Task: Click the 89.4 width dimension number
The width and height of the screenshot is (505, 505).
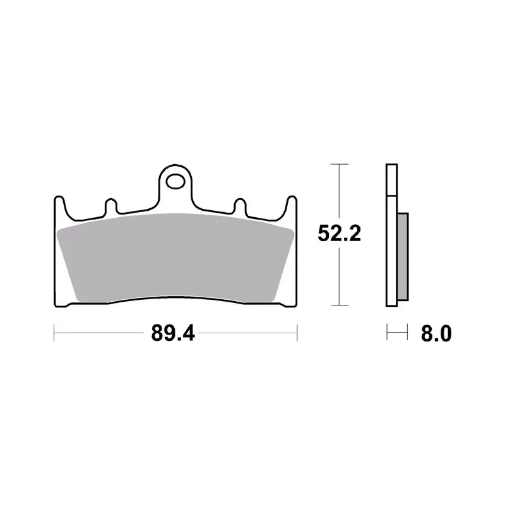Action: point(173,333)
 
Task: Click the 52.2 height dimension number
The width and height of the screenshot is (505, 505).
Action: point(340,233)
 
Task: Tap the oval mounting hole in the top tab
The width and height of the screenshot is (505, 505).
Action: point(175,182)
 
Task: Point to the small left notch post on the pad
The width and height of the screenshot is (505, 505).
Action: point(111,206)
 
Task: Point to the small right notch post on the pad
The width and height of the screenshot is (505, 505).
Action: point(240,206)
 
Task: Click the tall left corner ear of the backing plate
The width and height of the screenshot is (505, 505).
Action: point(59,206)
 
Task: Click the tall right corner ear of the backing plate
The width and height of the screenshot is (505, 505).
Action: point(292,206)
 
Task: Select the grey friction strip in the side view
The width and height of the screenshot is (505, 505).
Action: point(403,257)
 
